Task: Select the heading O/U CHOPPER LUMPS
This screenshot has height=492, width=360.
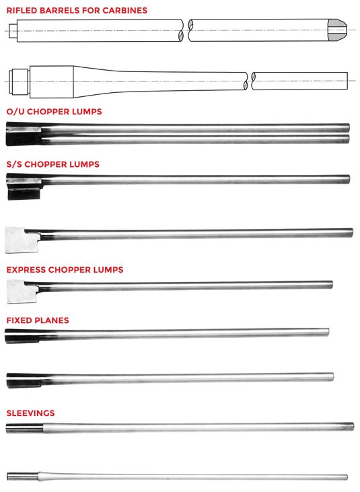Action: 55,112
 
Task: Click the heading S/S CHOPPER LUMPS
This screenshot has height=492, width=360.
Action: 53,164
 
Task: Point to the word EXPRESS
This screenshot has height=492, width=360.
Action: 26,270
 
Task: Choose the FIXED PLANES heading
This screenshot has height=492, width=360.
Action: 38,320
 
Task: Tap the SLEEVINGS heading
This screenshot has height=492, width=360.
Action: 31,413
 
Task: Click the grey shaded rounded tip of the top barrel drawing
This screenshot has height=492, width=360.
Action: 337,30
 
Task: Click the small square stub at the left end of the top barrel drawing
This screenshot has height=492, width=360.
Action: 13,31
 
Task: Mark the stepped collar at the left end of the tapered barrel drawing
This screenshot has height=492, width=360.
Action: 19,81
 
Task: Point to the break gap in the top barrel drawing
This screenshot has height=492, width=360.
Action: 186,30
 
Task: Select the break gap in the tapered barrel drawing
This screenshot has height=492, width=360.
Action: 249,81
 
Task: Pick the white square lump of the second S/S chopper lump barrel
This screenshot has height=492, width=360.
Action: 22,240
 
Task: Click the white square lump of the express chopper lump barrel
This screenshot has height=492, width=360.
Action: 22,291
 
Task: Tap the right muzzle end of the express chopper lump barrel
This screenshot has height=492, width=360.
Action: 330,285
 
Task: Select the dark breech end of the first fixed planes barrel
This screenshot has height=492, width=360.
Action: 22,336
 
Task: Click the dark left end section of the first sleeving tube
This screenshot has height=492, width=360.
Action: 24,428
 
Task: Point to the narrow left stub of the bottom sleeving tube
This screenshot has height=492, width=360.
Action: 23,477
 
